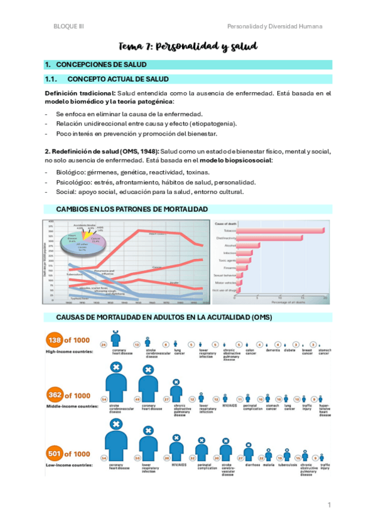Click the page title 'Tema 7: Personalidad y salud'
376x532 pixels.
tap(188, 46)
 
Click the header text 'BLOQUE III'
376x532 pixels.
tap(68, 26)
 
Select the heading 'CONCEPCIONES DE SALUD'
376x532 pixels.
tap(101, 65)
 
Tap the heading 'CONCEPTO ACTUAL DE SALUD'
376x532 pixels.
tap(117, 79)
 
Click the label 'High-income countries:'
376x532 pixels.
tap(68, 351)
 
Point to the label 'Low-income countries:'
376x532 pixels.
tap(69, 465)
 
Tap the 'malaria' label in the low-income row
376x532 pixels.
tap(269, 466)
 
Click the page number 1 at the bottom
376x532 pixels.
tap(328, 504)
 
